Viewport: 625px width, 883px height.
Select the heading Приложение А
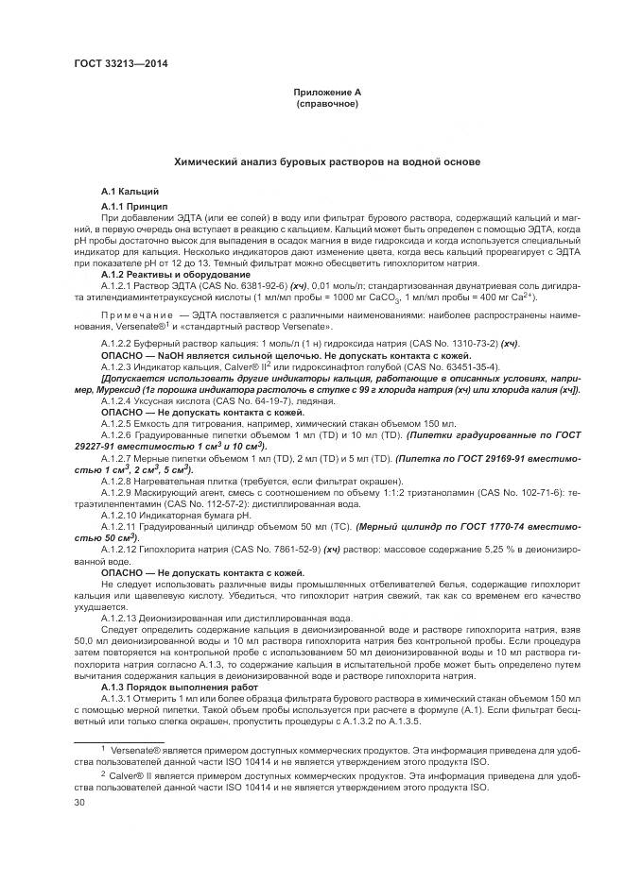click(x=326, y=92)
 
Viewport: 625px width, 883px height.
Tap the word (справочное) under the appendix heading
click(x=326, y=103)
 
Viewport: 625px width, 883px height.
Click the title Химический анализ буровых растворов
click(x=326, y=162)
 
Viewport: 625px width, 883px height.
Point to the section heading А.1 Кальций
click(x=124, y=192)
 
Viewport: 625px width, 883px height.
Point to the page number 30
click(x=78, y=803)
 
